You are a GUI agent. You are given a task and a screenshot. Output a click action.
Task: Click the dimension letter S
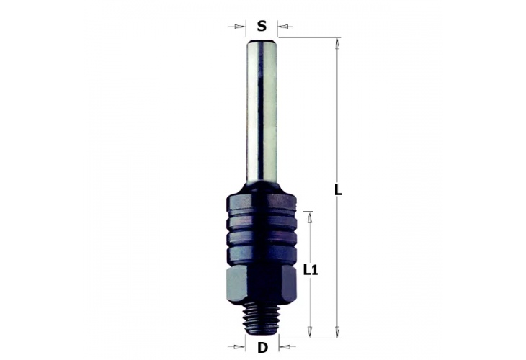pyautogui.click(x=262, y=26)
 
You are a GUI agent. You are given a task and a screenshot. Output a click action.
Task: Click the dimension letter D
pyautogui.click(x=262, y=348)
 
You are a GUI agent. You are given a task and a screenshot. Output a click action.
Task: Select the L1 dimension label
pyautogui.click(x=311, y=270)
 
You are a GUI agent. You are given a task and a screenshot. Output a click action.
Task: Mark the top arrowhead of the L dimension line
pyautogui.click(x=336, y=43)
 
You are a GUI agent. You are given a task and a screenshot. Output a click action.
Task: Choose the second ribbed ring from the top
pyautogui.click(x=262, y=222)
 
